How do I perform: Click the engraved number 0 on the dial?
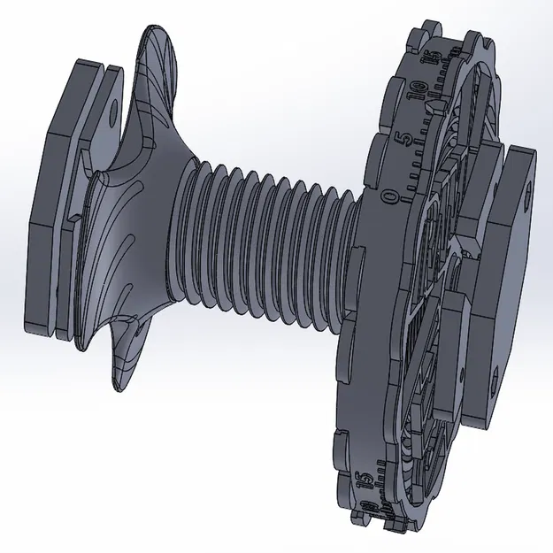click(390, 196)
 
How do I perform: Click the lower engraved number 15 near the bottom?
click(364, 483)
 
